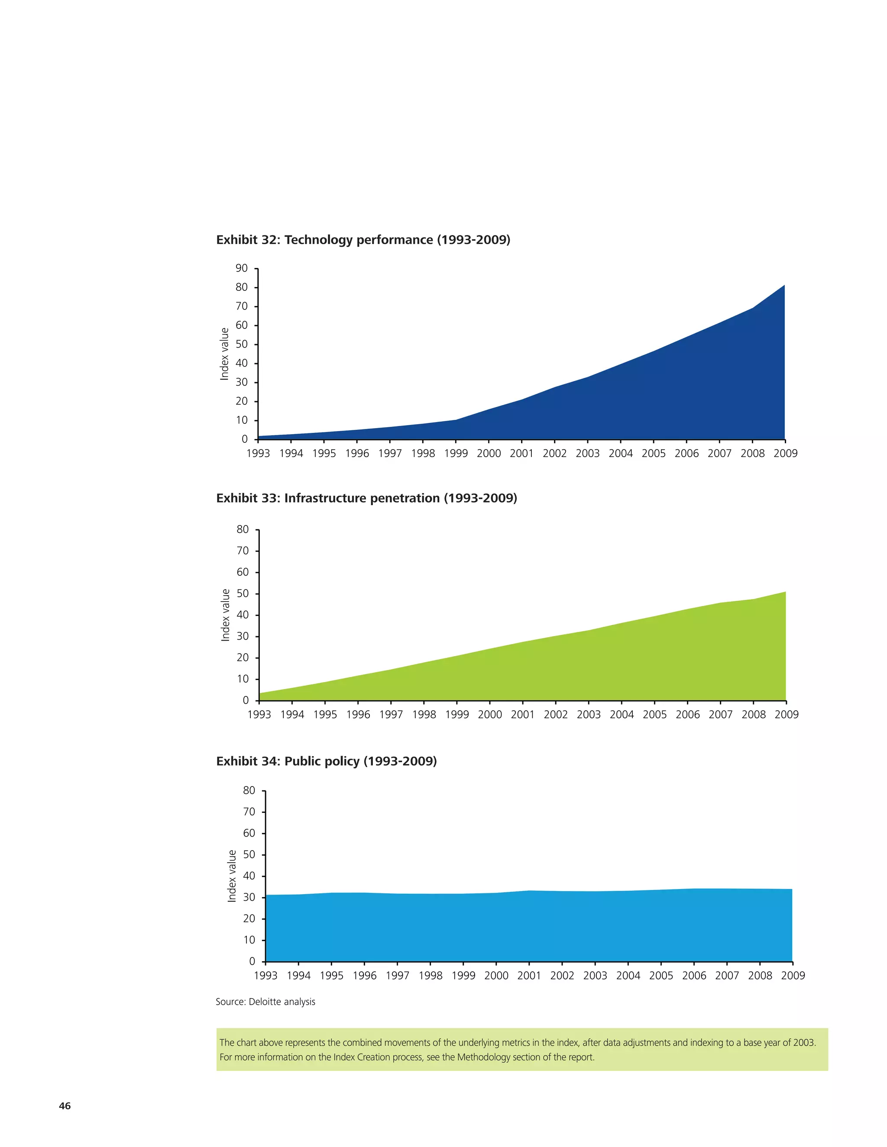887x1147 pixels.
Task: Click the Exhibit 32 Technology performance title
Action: [363, 240]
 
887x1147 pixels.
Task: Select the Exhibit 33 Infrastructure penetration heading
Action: [366, 498]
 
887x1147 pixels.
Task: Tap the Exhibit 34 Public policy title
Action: [326, 761]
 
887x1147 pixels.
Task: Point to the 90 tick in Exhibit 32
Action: [242, 268]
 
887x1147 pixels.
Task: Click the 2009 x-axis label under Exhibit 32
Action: [785, 453]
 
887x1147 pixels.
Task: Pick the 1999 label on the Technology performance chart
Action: [456, 453]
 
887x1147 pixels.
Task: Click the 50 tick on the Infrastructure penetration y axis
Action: [243, 593]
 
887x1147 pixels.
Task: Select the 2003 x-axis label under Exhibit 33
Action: [589, 714]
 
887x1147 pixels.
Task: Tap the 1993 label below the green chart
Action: [259, 714]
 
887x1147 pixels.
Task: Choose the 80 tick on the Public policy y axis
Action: [249, 790]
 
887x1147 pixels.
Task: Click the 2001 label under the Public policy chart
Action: [529, 975]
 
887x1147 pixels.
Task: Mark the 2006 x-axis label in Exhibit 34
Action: [694, 975]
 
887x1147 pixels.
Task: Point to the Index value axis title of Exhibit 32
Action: [224, 354]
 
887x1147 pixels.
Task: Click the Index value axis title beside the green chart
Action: [225, 615]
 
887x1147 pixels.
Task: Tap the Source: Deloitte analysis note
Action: [265, 1002]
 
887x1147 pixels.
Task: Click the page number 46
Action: [65, 1105]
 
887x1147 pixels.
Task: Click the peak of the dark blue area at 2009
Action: [784, 286]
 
